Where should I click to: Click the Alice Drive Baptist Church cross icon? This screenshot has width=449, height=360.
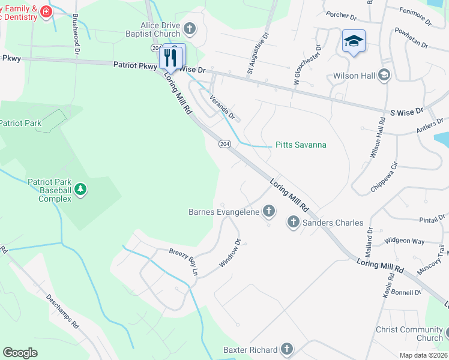coord(190,28)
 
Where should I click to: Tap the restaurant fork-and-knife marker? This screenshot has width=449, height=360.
coord(170,57)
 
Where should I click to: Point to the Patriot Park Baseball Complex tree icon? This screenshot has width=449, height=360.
coord(80,190)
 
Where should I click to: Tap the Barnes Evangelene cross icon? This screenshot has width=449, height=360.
coord(270,211)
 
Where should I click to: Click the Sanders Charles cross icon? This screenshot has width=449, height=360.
coord(293,223)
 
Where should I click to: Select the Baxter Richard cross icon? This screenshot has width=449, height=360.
coord(287,349)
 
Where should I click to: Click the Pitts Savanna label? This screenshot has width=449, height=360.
coord(301,145)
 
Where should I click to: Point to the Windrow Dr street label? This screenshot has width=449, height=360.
coord(230,253)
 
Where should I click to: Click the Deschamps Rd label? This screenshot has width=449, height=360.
coord(62,310)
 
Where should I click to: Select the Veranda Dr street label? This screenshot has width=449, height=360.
coord(222,106)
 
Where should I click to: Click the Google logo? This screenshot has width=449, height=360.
coord(20,353)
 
